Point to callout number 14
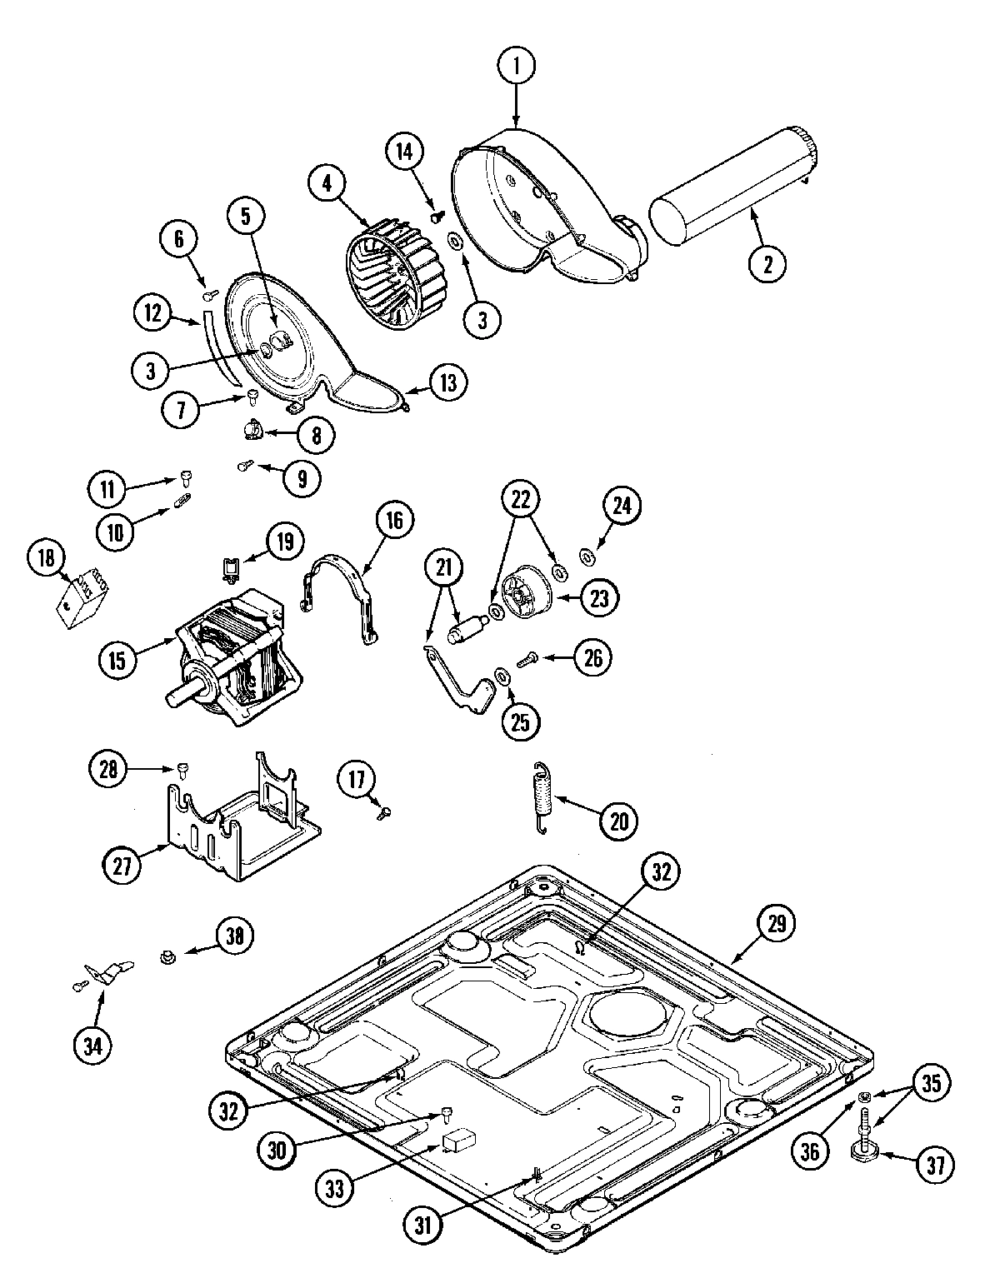tap(404, 152)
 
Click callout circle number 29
tap(777, 922)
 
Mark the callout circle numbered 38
tap(235, 935)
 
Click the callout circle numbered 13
tap(448, 382)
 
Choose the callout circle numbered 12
tap(153, 313)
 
